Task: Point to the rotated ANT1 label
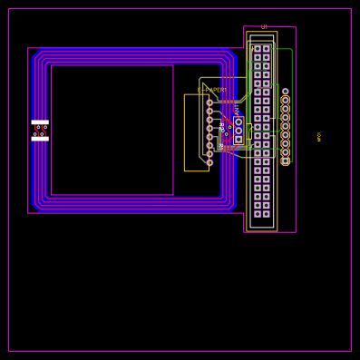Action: (237, 110)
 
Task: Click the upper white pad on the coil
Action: (40, 122)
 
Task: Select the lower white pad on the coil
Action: (40, 139)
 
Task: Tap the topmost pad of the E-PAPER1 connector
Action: (209, 102)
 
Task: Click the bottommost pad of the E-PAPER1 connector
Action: (209, 162)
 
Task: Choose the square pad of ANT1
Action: (238, 140)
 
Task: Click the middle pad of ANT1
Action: (238, 131)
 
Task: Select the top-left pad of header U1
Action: (258, 49)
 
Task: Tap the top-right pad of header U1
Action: (266, 49)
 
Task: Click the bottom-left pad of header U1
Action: (258, 214)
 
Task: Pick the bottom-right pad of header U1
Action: (266, 214)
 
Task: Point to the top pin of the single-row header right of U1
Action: (286, 92)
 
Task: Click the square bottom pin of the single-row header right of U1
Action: (286, 161)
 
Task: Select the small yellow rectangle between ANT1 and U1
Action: (248, 131)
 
